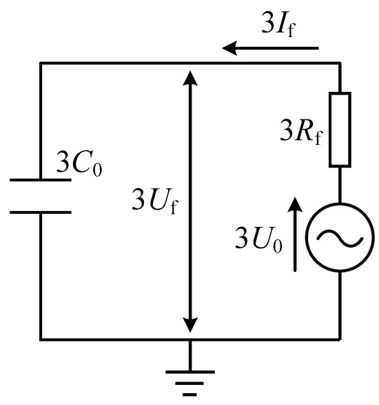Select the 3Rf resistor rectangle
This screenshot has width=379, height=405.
(x=341, y=129)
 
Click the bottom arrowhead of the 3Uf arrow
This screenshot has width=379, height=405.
(x=191, y=330)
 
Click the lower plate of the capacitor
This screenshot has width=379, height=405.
(x=40, y=212)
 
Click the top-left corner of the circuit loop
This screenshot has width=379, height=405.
(x=40, y=63)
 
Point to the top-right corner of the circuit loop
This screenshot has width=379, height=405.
(x=341, y=63)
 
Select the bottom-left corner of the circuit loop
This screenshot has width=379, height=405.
(x=40, y=339)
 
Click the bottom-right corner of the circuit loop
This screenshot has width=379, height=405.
(x=341, y=339)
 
